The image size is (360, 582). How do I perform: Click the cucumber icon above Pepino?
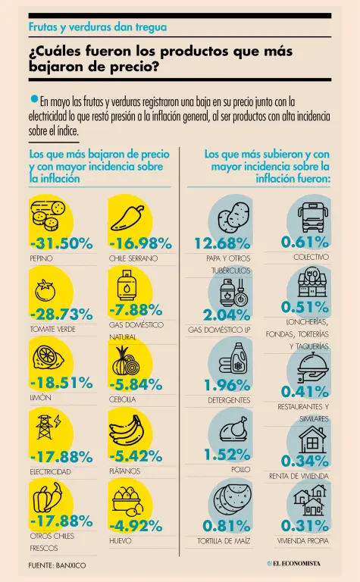(49, 214)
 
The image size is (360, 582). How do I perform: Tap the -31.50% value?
(61, 243)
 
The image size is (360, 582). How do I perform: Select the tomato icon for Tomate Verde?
(45, 290)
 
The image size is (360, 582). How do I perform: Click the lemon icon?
(49, 357)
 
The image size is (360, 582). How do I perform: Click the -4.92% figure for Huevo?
(136, 526)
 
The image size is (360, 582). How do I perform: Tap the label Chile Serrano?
(133, 258)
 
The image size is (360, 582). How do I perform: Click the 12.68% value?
(222, 243)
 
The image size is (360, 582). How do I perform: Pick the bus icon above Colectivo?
(312, 217)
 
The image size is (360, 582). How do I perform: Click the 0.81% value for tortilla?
(227, 526)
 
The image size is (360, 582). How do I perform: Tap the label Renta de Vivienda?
(299, 476)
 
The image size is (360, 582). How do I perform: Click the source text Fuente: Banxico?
(57, 565)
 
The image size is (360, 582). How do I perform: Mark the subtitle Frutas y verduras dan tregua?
(98, 27)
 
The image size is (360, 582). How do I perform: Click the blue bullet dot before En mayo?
(35, 99)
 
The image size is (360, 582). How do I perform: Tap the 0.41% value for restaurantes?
(305, 391)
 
